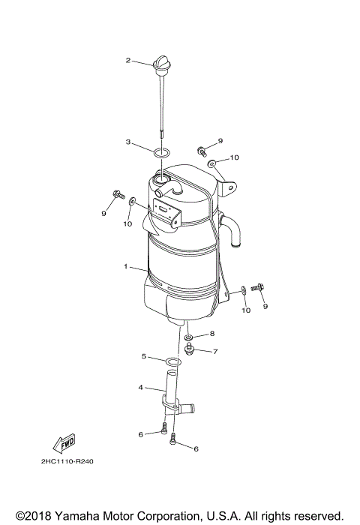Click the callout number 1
click(x=127, y=266)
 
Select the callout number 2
click(x=128, y=60)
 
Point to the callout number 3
click(x=128, y=141)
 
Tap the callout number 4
click(x=140, y=388)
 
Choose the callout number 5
click(x=144, y=357)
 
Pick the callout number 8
click(x=212, y=333)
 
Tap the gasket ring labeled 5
click(x=173, y=364)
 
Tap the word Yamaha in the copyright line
click(x=82, y=516)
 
